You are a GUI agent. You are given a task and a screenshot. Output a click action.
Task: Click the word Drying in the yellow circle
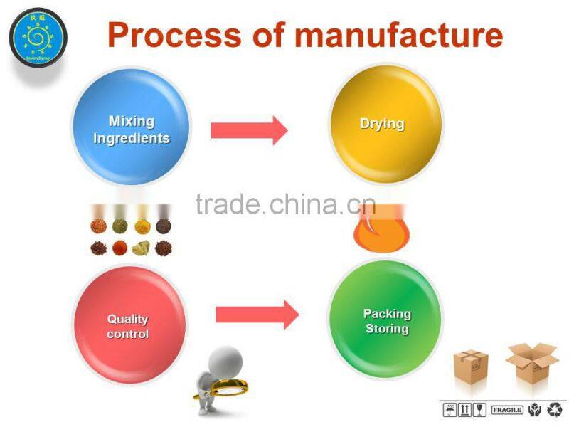pyautogui.click(x=382, y=124)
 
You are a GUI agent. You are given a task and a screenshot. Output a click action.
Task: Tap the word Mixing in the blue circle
pyautogui.click(x=131, y=122)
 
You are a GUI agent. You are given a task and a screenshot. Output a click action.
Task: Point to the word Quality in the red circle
pyautogui.click(x=128, y=320)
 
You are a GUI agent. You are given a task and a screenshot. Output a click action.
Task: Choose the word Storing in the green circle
pyautogui.click(x=387, y=329)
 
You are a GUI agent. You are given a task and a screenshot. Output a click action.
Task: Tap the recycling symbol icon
pyautogui.click(x=554, y=410)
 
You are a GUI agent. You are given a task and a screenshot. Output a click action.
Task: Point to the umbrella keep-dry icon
pyautogui.click(x=450, y=410)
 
